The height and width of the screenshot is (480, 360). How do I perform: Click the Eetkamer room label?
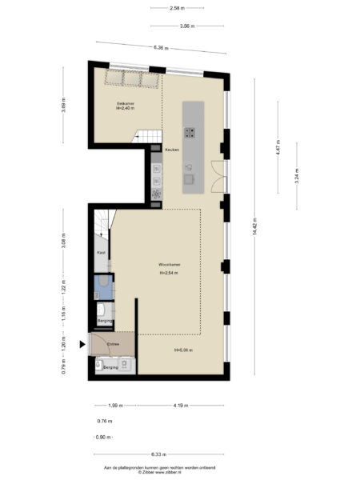click(125, 104)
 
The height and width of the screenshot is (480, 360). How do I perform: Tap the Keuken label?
click(171, 150)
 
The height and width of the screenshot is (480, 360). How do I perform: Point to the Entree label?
click(102, 345)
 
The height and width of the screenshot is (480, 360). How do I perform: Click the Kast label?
click(101, 253)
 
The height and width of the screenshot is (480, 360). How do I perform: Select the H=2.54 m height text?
click(168, 273)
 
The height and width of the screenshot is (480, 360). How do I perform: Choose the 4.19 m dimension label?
click(180, 406)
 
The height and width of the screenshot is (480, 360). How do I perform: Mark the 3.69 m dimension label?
click(64, 106)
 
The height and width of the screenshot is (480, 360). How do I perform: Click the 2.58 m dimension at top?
click(179, 8)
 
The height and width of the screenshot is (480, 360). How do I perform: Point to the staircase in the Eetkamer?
click(145, 138)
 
